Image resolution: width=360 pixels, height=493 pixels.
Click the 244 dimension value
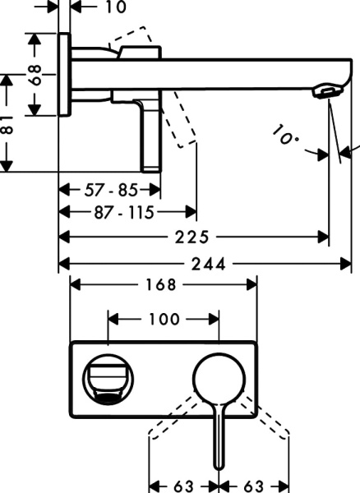click(209, 264)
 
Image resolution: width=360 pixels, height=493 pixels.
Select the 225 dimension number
click(192, 237)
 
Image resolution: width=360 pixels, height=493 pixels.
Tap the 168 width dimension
click(160, 285)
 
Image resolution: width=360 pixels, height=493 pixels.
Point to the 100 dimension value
click(164, 319)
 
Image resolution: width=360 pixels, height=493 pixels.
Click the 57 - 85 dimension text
click(111, 190)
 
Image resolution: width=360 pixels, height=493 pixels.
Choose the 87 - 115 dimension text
click(124, 213)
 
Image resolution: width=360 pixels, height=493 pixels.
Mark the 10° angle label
click(285, 136)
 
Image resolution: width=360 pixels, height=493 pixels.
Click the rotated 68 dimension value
click(36, 75)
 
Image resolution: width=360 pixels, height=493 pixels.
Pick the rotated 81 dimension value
click(7, 125)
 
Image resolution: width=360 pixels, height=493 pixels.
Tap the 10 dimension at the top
click(115, 7)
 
